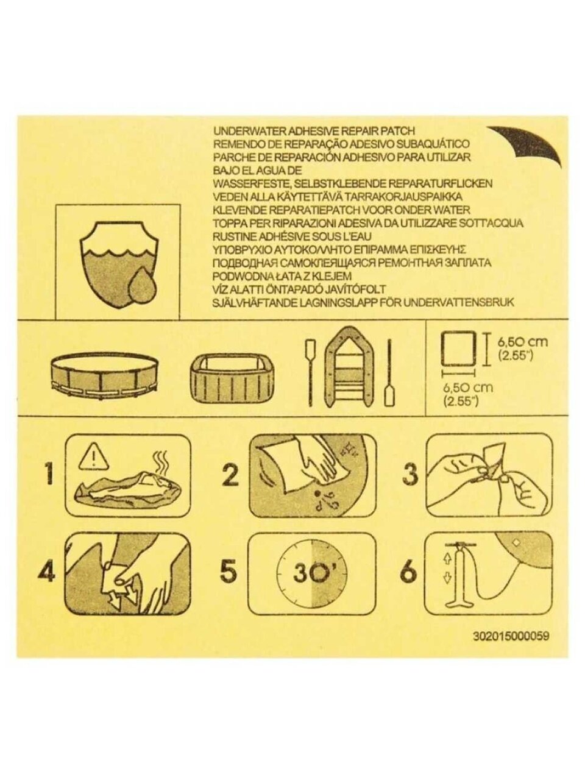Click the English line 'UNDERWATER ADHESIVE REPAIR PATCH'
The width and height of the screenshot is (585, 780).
pos(314,131)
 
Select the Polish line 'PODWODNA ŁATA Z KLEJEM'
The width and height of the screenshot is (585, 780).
pos(282,276)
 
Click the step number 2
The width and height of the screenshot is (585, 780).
pos(230,475)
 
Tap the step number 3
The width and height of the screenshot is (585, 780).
pos(410,475)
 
